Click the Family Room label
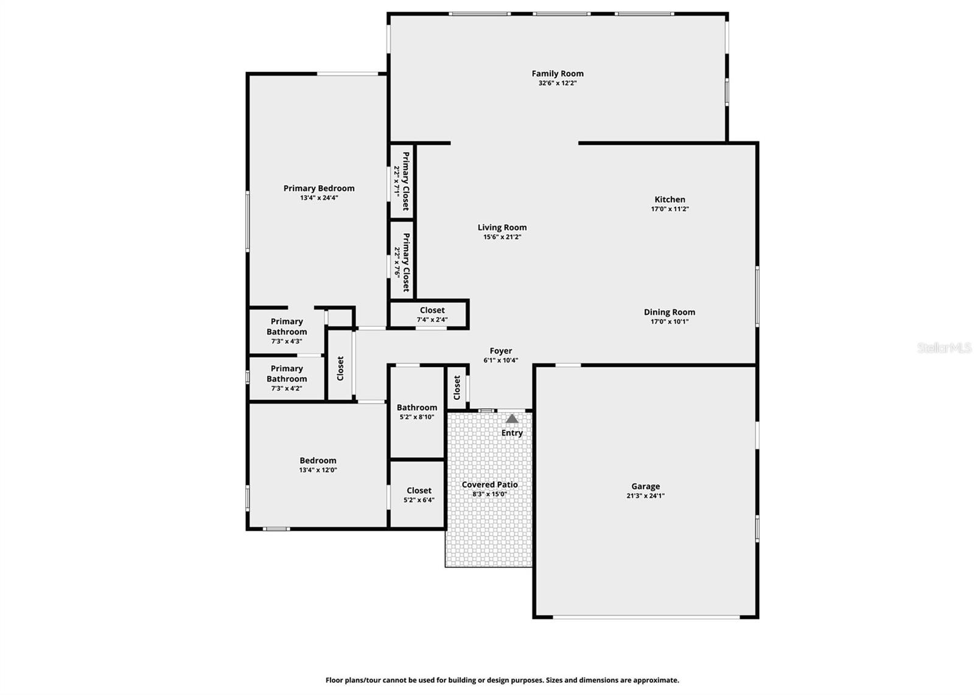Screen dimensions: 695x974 (x=557, y=74)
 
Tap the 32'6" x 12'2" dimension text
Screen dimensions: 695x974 (x=557, y=83)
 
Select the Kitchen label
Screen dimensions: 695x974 (x=670, y=200)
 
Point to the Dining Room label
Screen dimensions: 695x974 (x=669, y=312)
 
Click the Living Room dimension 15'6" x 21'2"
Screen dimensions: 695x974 (x=502, y=237)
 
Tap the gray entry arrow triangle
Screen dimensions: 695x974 (x=512, y=419)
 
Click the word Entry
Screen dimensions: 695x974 (x=512, y=433)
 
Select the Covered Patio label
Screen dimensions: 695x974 (x=489, y=485)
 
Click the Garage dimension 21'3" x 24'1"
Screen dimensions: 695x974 (x=645, y=496)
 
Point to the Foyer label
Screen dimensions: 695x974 (x=500, y=351)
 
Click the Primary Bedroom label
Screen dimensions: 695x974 (x=318, y=189)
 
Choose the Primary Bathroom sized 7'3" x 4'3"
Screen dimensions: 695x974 (x=286, y=331)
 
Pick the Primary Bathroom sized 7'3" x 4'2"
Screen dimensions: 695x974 (x=286, y=378)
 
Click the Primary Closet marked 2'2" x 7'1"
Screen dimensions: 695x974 (x=402, y=181)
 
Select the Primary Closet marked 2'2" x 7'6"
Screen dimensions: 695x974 (x=402, y=262)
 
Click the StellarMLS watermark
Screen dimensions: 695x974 (x=944, y=348)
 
